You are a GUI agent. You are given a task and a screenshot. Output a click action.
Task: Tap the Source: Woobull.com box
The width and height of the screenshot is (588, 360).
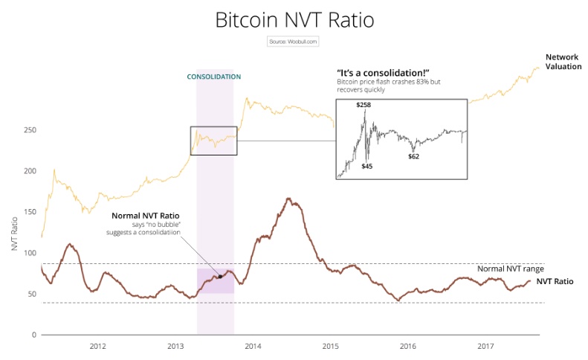[x=293, y=42]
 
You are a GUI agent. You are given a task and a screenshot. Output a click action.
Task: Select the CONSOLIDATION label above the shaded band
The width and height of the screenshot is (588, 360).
[x=214, y=77]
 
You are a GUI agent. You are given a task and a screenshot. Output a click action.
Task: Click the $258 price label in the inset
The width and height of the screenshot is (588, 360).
[x=364, y=106]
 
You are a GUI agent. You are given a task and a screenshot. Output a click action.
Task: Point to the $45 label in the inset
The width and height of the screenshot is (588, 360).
[x=367, y=166]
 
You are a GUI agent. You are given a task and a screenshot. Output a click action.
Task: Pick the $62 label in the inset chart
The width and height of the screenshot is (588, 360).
[x=414, y=156]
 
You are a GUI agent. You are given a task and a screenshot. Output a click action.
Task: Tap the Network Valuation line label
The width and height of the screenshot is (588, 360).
[x=563, y=62]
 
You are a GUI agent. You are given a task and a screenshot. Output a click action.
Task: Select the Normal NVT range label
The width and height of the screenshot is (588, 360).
[x=511, y=269]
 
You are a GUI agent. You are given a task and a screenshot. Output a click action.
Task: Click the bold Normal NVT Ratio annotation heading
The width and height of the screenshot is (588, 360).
[x=146, y=216]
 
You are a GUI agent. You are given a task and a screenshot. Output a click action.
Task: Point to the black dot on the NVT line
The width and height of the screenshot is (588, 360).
[x=220, y=277]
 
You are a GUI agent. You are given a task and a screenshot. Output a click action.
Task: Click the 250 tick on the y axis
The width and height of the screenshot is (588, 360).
[x=30, y=130]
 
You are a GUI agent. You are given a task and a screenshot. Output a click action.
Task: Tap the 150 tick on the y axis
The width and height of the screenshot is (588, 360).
[x=30, y=212]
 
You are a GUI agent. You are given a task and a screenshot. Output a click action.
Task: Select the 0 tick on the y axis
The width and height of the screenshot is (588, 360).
[x=33, y=335]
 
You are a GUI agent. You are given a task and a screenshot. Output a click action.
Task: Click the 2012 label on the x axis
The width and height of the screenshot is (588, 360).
[x=97, y=346]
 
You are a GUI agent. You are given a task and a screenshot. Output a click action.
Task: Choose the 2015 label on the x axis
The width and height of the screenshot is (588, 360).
[x=330, y=346]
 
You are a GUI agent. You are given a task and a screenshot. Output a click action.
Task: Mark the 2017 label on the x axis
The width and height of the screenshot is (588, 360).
[x=485, y=346]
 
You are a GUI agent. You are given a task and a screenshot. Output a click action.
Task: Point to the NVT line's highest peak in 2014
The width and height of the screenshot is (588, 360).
[x=288, y=199]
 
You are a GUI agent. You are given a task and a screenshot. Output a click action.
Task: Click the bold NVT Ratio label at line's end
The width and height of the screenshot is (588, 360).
[x=554, y=282]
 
